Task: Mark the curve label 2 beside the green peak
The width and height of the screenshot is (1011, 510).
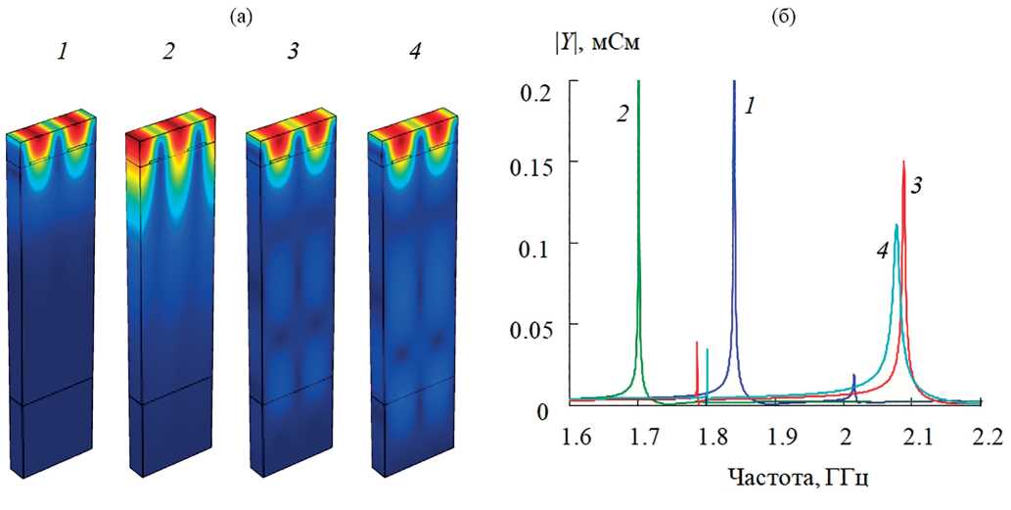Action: (622, 113)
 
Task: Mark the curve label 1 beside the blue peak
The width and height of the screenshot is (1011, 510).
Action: (749, 106)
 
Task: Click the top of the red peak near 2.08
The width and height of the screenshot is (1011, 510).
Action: (902, 162)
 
